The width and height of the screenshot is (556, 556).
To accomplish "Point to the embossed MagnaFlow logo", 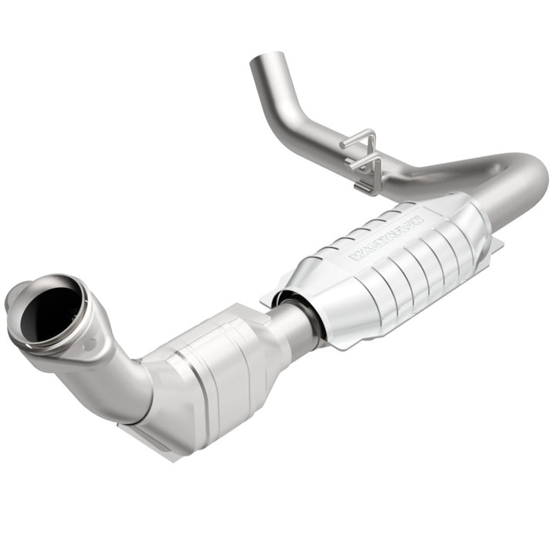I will pyautogui.click(x=388, y=236).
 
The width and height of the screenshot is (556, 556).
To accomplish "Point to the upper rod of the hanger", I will pyautogui.click(x=358, y=141).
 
